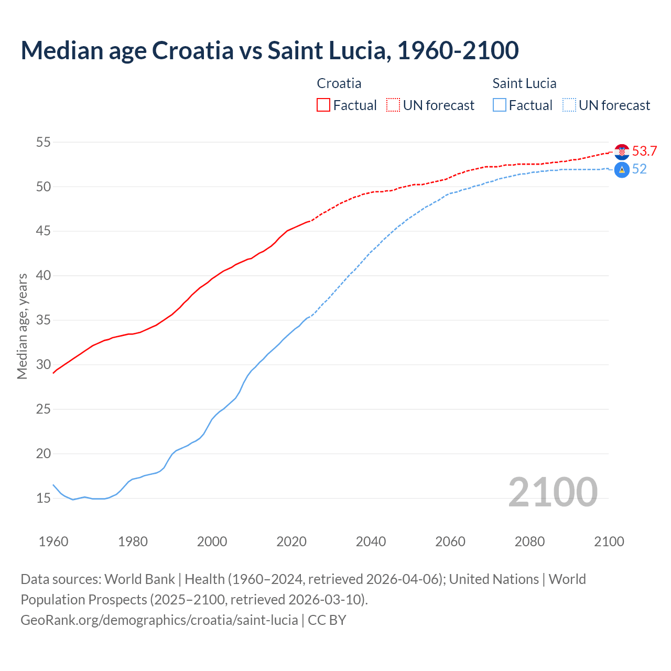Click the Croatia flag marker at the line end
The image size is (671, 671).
[x=622, y=151]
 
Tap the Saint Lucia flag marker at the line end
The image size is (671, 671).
[x=622, y=170]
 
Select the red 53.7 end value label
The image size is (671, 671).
[x=644, y=151]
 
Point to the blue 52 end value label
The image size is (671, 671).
[x=640, y=169]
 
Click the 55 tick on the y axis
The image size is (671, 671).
[x=44, y=142]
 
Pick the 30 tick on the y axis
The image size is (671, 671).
[x=44, y=364]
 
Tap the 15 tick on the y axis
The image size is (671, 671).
[x=44, y=498]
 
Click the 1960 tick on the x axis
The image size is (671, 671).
[x=53, y=542]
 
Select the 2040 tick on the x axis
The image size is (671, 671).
[x=371, y=542]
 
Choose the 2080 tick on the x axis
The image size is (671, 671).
[x=529, y=542]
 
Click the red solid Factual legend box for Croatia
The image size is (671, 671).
[x=323, y=105]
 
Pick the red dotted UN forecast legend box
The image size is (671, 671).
[x=393, y=105]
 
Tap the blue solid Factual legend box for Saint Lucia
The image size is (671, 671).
[x=500, y=105]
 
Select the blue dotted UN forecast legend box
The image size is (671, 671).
[x=569, y=105]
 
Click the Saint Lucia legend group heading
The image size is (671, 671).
[x=524, y=83]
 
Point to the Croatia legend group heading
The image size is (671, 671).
[x=339, y=83]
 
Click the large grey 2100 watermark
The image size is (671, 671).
[x=553, y=492]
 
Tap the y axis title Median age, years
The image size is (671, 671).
[x=22, y=326]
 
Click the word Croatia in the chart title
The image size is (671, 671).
[x=192, y=50]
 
